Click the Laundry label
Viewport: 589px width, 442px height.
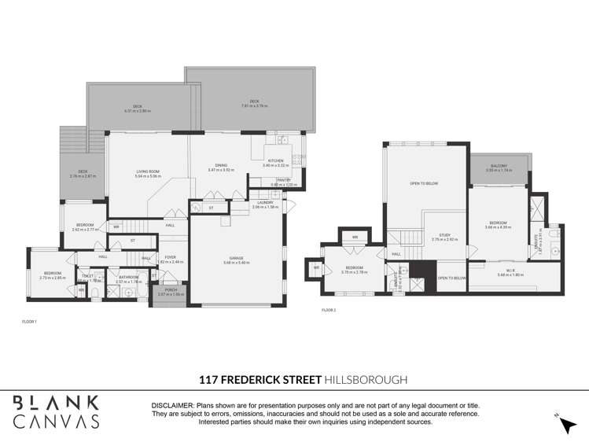266,202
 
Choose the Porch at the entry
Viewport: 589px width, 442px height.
170,290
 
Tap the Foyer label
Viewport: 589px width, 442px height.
170,256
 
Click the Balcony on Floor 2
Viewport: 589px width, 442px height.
499,166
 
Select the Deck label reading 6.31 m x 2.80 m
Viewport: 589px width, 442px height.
137,108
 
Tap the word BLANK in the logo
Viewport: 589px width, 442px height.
55,403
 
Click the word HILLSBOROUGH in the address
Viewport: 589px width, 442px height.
366,379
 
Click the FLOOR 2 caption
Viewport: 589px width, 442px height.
329,311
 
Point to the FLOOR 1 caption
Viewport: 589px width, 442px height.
30,322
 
